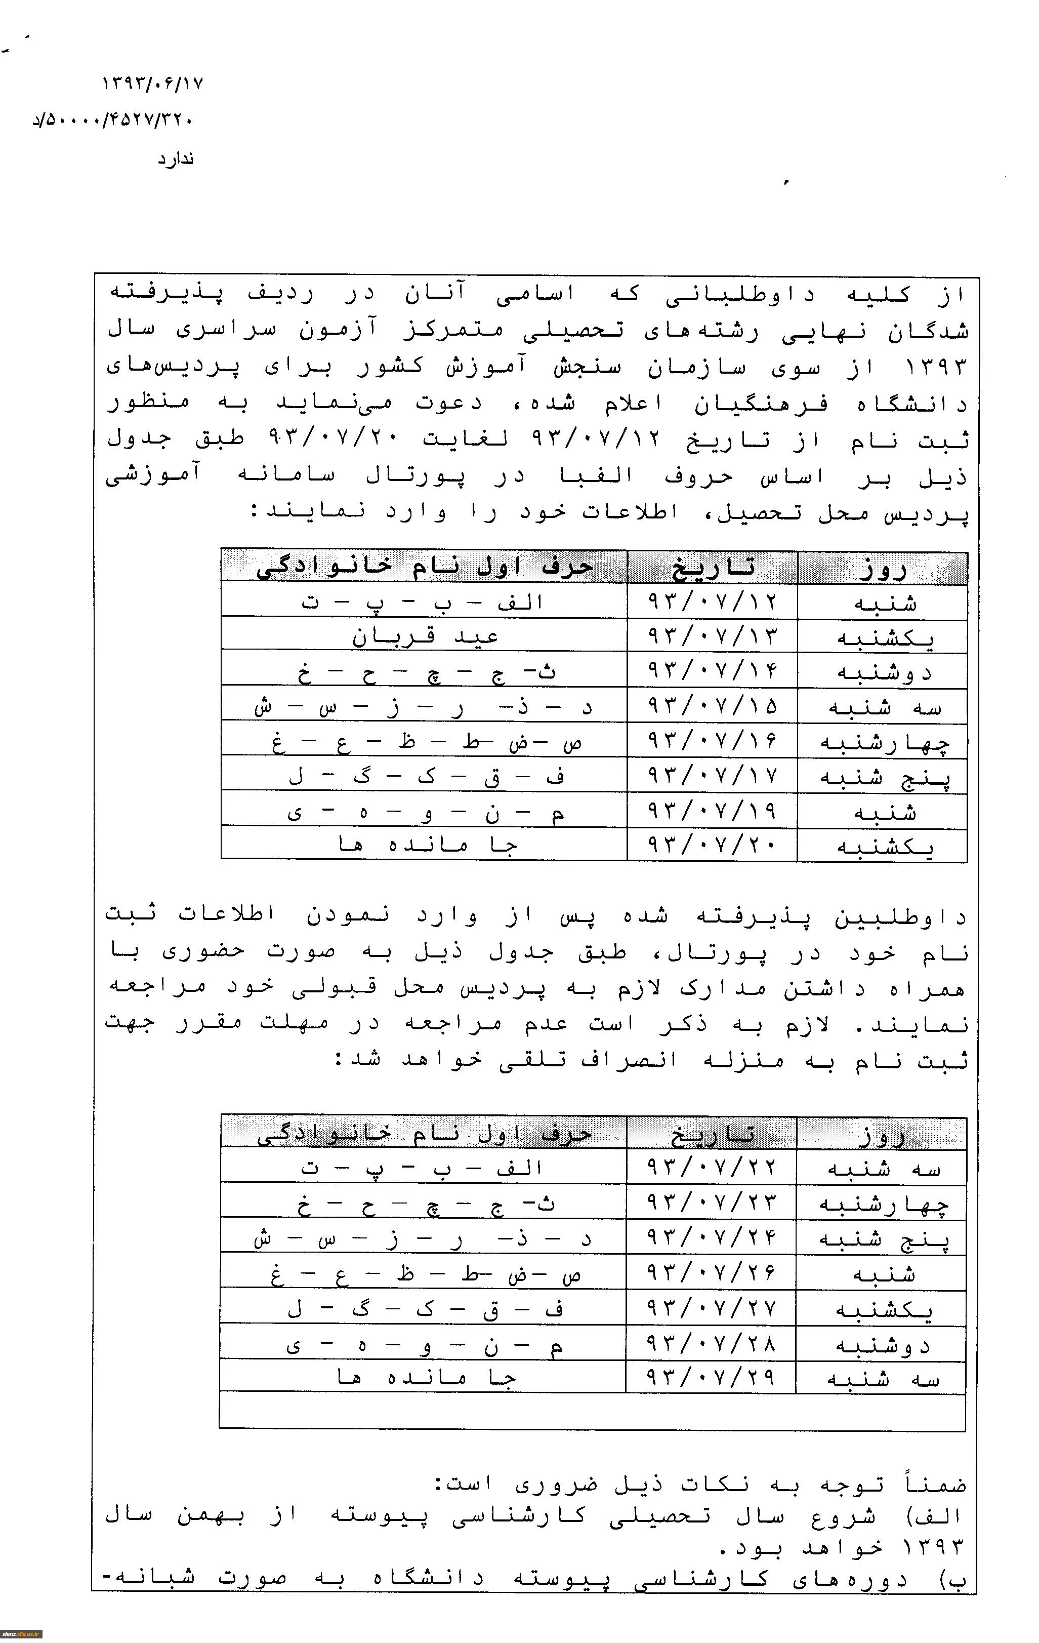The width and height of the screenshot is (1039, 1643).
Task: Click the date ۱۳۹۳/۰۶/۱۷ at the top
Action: click(x=153, y=84)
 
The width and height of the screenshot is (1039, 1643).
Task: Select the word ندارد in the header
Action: click(x=176, y=159)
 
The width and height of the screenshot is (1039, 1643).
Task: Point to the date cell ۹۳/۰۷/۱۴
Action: click(x=712, y=671)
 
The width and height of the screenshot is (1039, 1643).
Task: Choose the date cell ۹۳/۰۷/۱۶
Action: click(x=712, y=741)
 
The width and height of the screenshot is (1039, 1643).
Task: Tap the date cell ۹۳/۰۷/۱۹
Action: click(x=712, y=811)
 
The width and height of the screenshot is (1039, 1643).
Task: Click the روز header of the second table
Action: click(x=882, y=1135)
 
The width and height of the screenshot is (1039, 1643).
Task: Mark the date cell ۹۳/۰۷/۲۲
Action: click(x=712, y=1168)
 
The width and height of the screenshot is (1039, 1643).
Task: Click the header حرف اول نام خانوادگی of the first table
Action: click(x=424, y=568)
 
